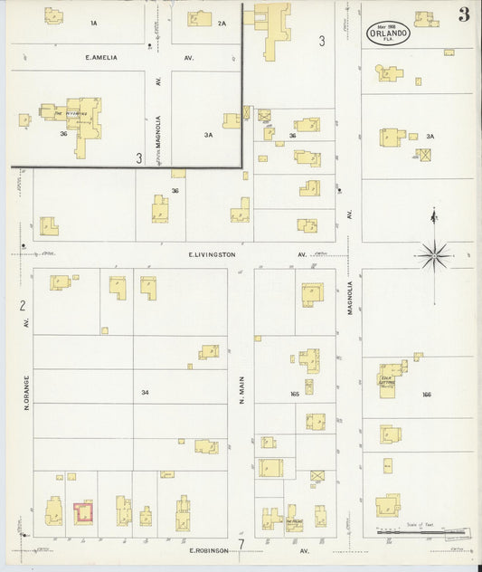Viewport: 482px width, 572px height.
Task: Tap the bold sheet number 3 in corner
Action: click(463, 14)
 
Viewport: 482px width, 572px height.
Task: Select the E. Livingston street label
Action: click(213, 255)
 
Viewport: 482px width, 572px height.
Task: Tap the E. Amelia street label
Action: click(102, 57)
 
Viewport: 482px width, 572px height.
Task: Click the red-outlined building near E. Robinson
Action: click(83, 512)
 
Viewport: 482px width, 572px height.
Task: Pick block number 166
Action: click(427, 395)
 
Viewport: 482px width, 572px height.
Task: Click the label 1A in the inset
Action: click(93, 22)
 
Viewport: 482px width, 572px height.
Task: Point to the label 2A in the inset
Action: click(222, 23)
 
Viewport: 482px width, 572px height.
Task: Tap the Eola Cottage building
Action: click(392, 380)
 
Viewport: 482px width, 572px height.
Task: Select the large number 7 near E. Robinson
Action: click(241, 544)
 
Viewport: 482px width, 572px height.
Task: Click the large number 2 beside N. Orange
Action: click(21, 305)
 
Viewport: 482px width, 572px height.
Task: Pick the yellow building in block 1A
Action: click(54, 15)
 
